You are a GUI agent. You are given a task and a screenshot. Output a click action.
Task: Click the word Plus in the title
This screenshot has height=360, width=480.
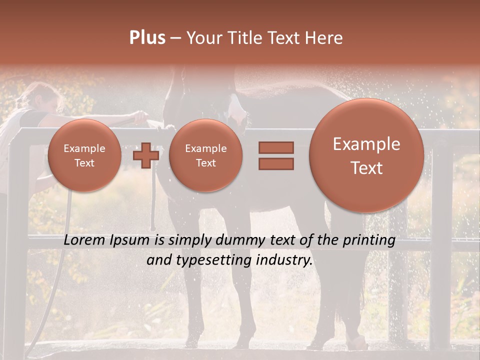click(147, 38)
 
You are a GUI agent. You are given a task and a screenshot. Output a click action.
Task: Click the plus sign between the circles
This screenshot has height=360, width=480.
click(145, 155)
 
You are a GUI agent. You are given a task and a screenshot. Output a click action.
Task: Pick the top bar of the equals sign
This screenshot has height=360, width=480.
click(275, 147)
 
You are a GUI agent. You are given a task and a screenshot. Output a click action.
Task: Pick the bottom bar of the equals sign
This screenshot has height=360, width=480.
click(275, 163)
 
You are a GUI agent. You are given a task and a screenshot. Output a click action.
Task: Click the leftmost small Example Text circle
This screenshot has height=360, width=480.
click(84, 155)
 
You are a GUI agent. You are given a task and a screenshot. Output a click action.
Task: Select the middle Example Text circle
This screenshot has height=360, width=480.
click(205, 155)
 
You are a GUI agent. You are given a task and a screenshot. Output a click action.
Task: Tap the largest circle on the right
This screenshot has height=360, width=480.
click(366, 155)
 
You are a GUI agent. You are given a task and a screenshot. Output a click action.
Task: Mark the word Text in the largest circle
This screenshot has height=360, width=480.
click(366, 168)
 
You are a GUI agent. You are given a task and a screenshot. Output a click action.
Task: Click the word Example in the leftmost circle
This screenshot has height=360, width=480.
click(84, 148)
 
